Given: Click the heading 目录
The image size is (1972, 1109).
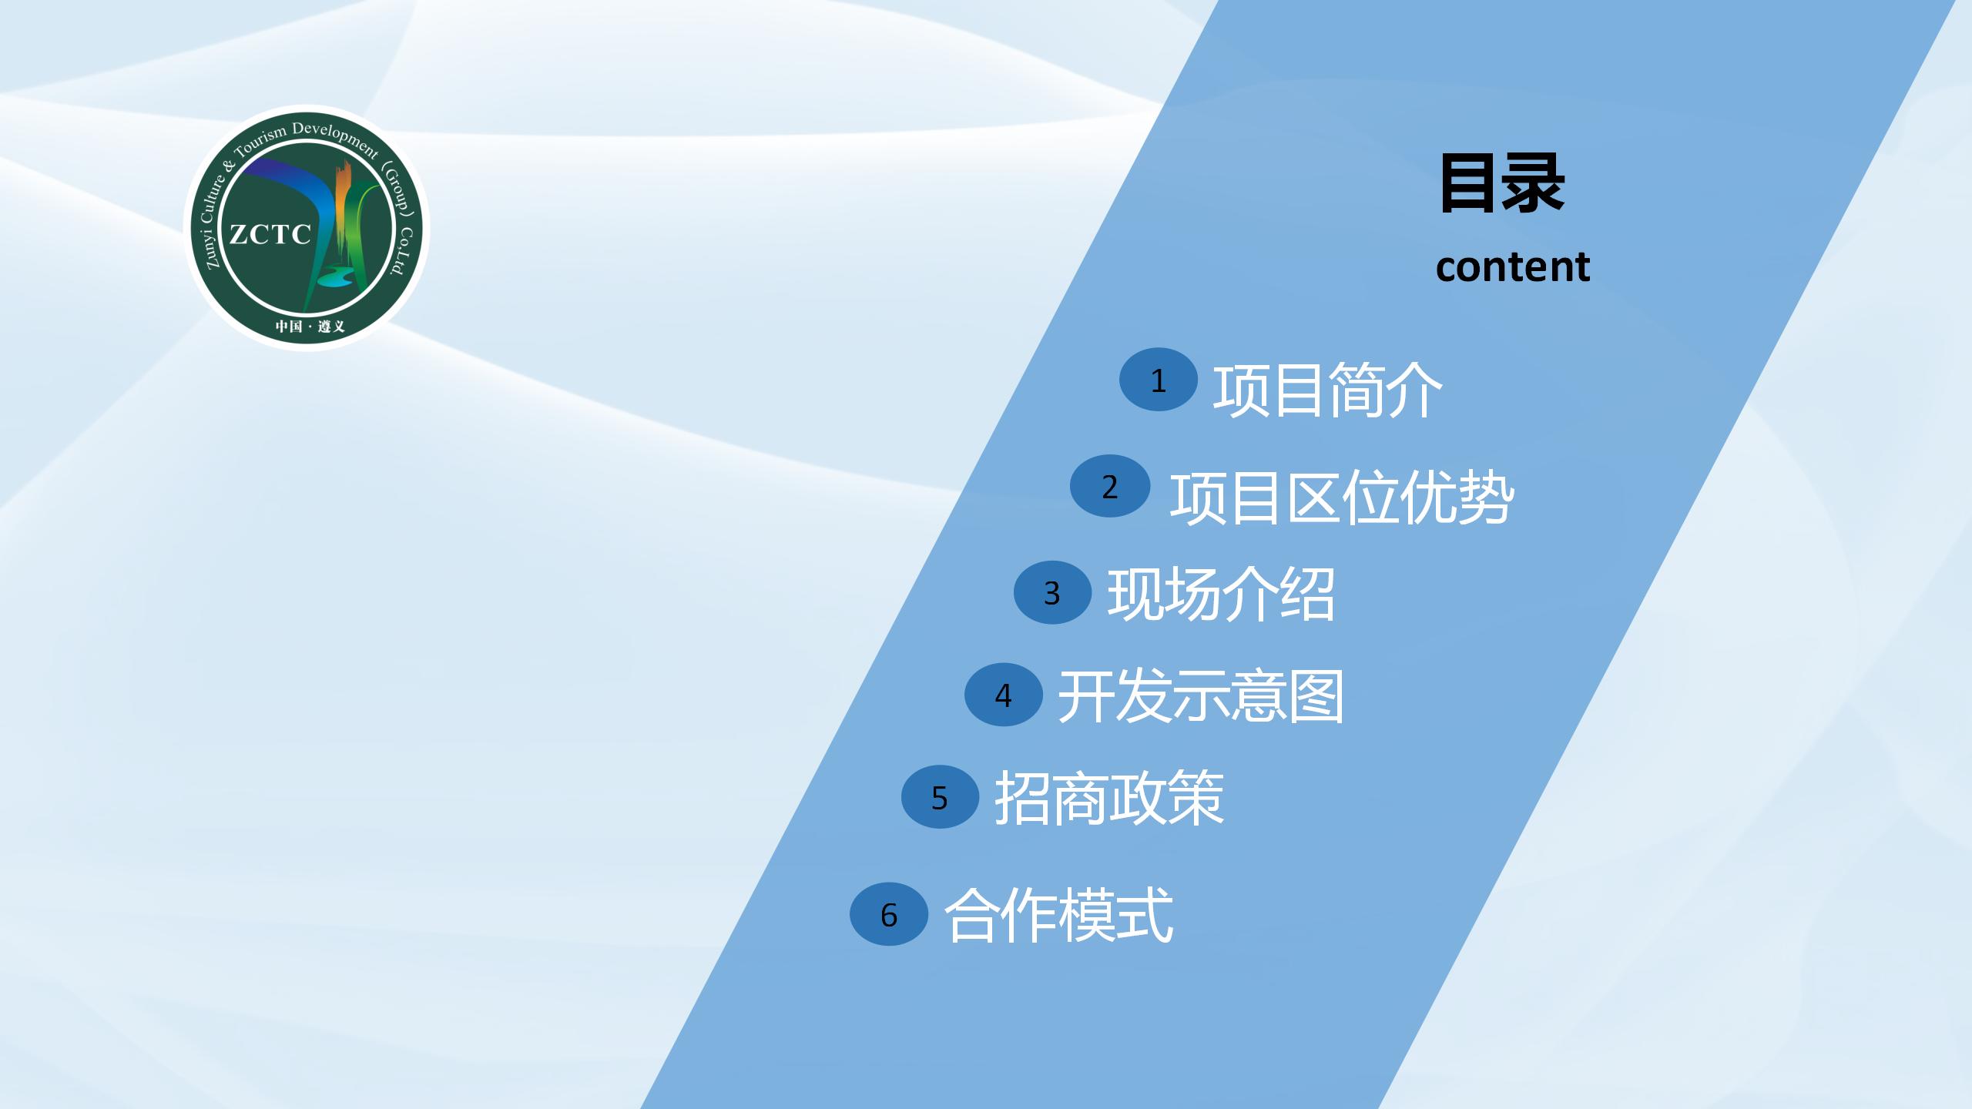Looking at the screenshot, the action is [x=1501, y=184].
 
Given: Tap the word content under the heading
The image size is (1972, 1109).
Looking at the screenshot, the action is [x=1513, y=266].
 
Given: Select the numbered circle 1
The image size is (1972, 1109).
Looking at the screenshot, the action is [x=1159, y=380].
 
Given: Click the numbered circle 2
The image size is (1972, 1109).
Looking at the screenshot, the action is [x=1110, y=486].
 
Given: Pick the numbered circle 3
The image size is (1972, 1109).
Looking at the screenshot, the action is [x=1052, y=592].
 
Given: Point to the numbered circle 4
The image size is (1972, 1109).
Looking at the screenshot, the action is [x=1004, y=695].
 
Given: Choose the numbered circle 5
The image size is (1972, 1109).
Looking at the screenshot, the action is [x=940, y=797].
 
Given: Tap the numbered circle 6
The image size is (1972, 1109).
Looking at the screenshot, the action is [x=889, y=914].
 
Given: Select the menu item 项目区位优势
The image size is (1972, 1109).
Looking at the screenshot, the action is [x=1342, y=497].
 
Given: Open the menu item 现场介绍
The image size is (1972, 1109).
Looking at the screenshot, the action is [x=1221, y=594].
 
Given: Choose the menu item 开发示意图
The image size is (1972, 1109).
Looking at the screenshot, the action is [x=1201, y=696].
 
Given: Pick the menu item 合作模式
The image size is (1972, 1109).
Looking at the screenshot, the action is [x=1058, y=915].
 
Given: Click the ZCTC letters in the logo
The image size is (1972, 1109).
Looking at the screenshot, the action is [x=270, y=234].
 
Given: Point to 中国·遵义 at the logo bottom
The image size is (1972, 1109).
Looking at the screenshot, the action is [x=310, y=327].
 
